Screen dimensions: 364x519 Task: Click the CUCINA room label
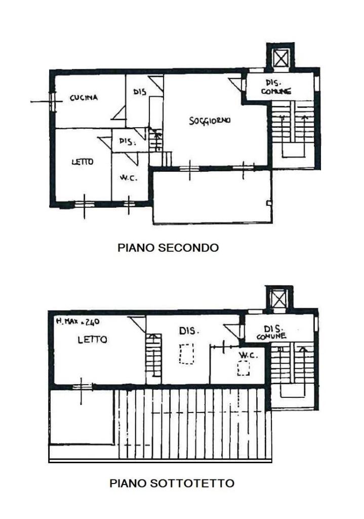[x=84, y=98]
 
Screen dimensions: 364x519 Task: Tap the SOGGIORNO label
[x=210, y=121]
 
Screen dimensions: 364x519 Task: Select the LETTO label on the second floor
[x=83, y=162]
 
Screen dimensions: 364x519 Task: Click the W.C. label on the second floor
[x=129, y=178]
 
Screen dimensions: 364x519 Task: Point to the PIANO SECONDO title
[x=168, y=247]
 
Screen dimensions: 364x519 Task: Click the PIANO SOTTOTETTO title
[x=172, y=483]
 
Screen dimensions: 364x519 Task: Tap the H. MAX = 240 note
[x=77, y=321]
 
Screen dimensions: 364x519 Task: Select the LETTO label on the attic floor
[x=92, y=340]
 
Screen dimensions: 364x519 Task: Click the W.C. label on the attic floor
[x=248, y=355]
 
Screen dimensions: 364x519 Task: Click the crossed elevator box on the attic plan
[x=279, y=299]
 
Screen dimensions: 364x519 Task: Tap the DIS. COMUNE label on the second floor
[x=276, y=87]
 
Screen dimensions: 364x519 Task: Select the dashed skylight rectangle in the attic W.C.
[x=244, y=368]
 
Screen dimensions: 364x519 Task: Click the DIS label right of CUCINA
[x=140, y=91]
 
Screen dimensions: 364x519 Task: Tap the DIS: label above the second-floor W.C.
[x=128, y=142]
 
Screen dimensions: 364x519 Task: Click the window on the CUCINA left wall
[x=52, y=101]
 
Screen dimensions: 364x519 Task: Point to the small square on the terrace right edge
[x=269, y=203]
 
